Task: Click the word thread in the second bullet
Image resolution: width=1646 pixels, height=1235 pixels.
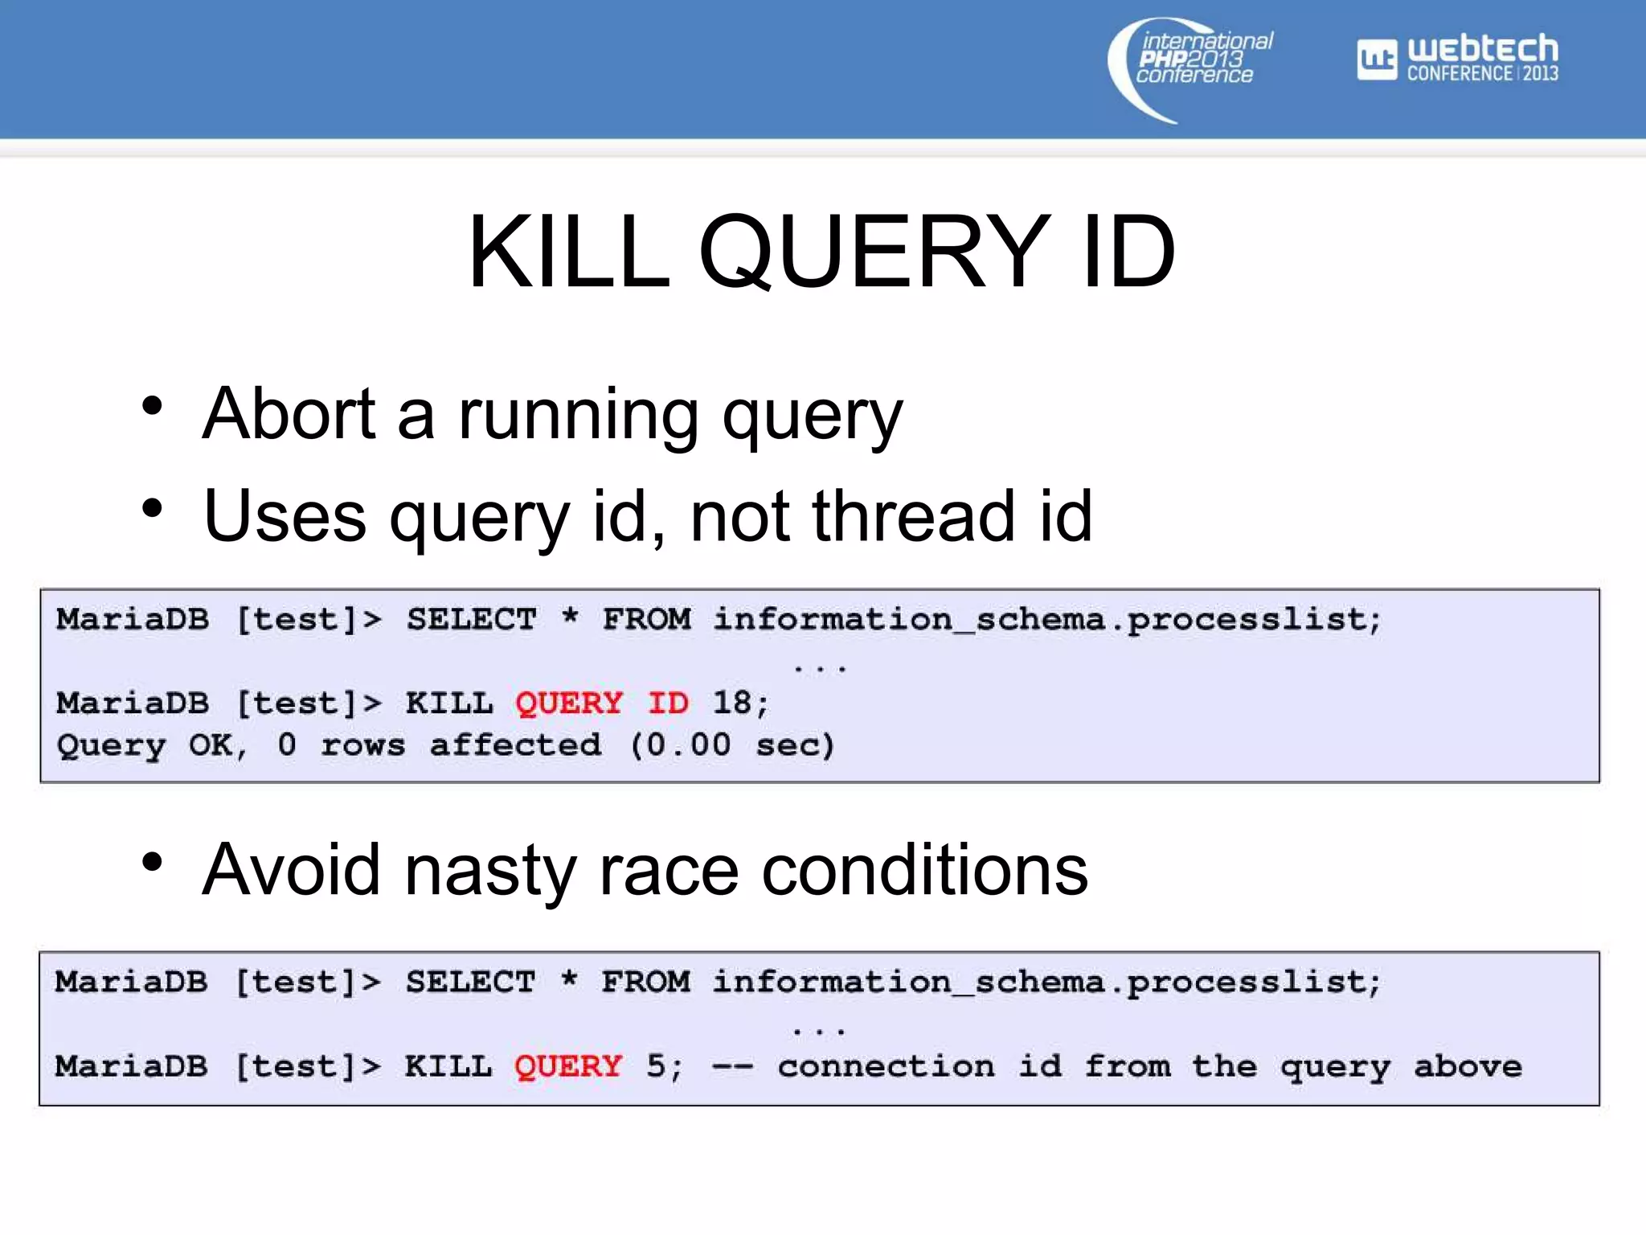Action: pos(913,515)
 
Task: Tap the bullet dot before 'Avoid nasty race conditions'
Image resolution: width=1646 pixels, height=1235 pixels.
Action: pos(152,863)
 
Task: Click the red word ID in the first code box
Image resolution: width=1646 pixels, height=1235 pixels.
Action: pos(668,704)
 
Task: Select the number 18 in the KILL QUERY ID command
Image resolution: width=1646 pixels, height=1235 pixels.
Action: pos(731,704)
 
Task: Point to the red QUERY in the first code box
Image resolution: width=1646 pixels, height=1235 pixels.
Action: pos(569,704)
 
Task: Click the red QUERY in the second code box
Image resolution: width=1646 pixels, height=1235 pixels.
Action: pos(568,1067)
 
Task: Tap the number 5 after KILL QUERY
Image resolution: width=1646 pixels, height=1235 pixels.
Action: pos(656,1067)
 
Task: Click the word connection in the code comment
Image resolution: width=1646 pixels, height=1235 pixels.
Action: pos(886,1067)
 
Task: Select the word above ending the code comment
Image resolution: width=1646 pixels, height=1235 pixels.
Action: pos(1468,1067)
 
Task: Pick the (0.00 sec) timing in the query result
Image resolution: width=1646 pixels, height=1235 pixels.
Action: pos(731,745)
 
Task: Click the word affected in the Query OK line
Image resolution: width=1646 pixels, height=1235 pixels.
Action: pos(515,745)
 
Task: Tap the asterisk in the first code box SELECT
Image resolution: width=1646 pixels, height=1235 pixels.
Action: pos(570,617)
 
